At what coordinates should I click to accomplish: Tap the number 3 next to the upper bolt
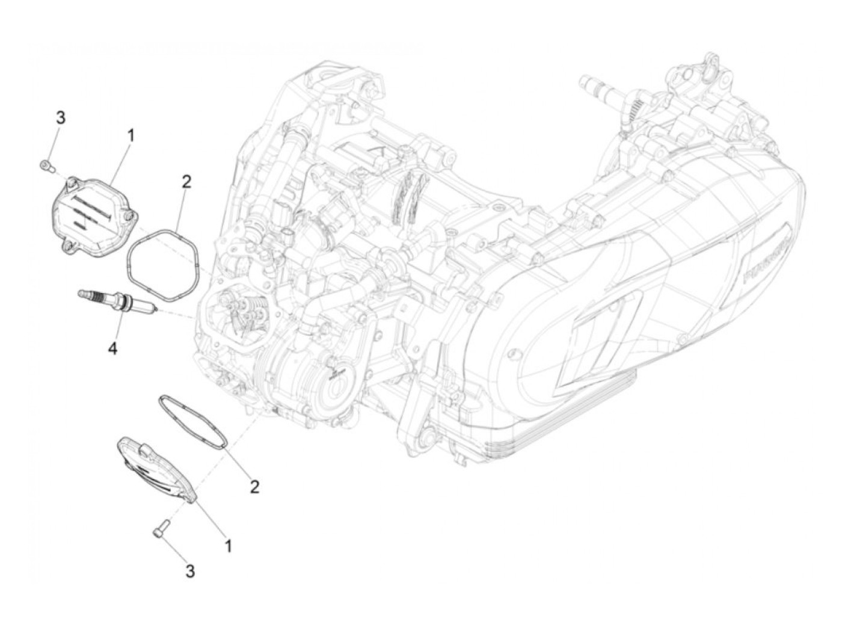point(60,118)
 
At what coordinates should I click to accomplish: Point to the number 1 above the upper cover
point(130,135)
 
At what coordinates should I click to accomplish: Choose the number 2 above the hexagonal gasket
point(186,181)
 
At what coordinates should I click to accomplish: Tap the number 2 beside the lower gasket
point(254,486)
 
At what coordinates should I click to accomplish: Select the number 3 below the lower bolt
point(190,571)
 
